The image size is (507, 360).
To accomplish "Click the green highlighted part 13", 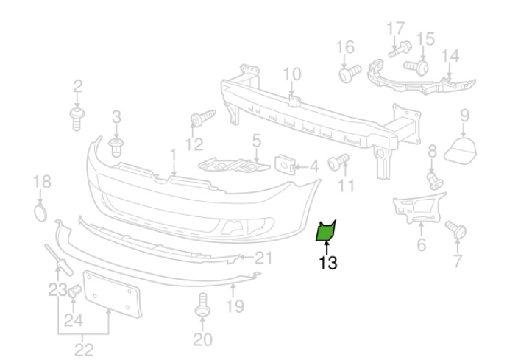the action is click(325, 232).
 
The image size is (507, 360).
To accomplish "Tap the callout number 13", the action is click(328, 263).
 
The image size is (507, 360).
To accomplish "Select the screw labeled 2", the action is click(77, 119).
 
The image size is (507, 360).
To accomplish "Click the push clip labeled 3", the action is click(116, 147).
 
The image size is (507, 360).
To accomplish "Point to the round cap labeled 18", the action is click(40, 213).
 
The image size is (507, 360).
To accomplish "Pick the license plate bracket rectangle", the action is click(112, 294).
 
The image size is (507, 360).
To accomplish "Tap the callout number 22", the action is click(84, 350).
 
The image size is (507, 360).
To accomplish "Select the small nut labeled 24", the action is click(75, 291).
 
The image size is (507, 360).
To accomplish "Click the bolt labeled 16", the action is click(350, 74).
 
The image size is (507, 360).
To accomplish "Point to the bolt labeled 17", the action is click(400, 49).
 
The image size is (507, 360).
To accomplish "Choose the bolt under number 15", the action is click(416, 67).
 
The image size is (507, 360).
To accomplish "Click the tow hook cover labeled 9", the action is click(461, 152).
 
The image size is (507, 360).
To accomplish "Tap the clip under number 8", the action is click(434, 181).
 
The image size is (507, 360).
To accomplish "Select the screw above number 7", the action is click(456, 229).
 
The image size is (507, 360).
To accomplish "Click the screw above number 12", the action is click(203, 117).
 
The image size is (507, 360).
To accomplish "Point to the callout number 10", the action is click(292, 74).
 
